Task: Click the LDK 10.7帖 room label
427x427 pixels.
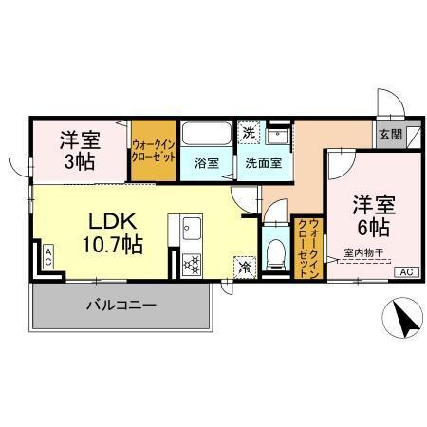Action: click(115, 232)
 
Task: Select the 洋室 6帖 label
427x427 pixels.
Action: click(374, 217)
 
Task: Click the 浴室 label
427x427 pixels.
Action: click(206, 162)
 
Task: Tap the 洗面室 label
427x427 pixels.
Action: click(262, 162)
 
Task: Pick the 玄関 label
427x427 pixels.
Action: click(389, 134)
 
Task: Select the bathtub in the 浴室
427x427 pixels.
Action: click(206, 134)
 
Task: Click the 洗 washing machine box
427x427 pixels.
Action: click(247, 132)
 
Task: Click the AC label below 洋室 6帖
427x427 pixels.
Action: click(406, 272)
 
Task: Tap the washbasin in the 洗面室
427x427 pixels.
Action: click(279, 134)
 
